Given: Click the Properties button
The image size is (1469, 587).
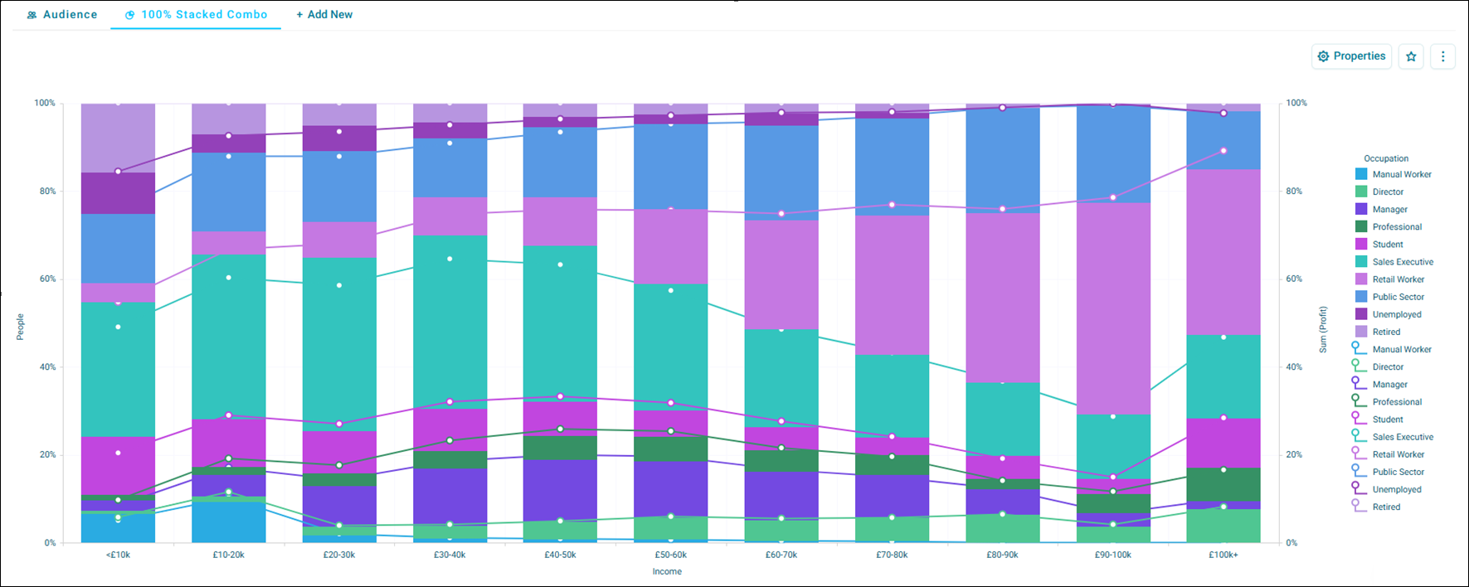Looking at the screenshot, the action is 1351,56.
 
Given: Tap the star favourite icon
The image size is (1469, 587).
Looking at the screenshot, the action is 1411,56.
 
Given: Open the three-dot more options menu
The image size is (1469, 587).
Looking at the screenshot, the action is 1443,56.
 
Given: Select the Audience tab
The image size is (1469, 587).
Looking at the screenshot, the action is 62,15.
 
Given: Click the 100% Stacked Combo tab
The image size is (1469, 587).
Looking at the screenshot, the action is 196,15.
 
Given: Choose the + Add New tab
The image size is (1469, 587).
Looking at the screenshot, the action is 324,15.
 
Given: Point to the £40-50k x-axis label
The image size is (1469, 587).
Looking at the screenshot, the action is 560,555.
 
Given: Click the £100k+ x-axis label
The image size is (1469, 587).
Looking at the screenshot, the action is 1223,555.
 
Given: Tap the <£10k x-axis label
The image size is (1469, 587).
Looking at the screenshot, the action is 118,555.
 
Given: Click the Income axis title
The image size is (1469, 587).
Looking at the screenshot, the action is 667,571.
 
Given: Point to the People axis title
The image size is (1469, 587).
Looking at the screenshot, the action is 20,327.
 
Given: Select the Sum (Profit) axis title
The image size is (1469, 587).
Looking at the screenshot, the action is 1323,330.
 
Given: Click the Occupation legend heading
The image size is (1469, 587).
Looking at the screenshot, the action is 1386,158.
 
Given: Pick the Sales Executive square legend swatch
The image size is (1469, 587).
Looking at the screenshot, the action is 1361,262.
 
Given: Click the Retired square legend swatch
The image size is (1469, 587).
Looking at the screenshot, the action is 1361,332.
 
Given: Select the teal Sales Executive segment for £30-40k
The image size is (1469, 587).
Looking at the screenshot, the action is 450,323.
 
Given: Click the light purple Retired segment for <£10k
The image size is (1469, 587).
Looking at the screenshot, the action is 118,138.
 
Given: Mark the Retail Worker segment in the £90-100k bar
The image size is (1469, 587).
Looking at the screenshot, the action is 1113,308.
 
